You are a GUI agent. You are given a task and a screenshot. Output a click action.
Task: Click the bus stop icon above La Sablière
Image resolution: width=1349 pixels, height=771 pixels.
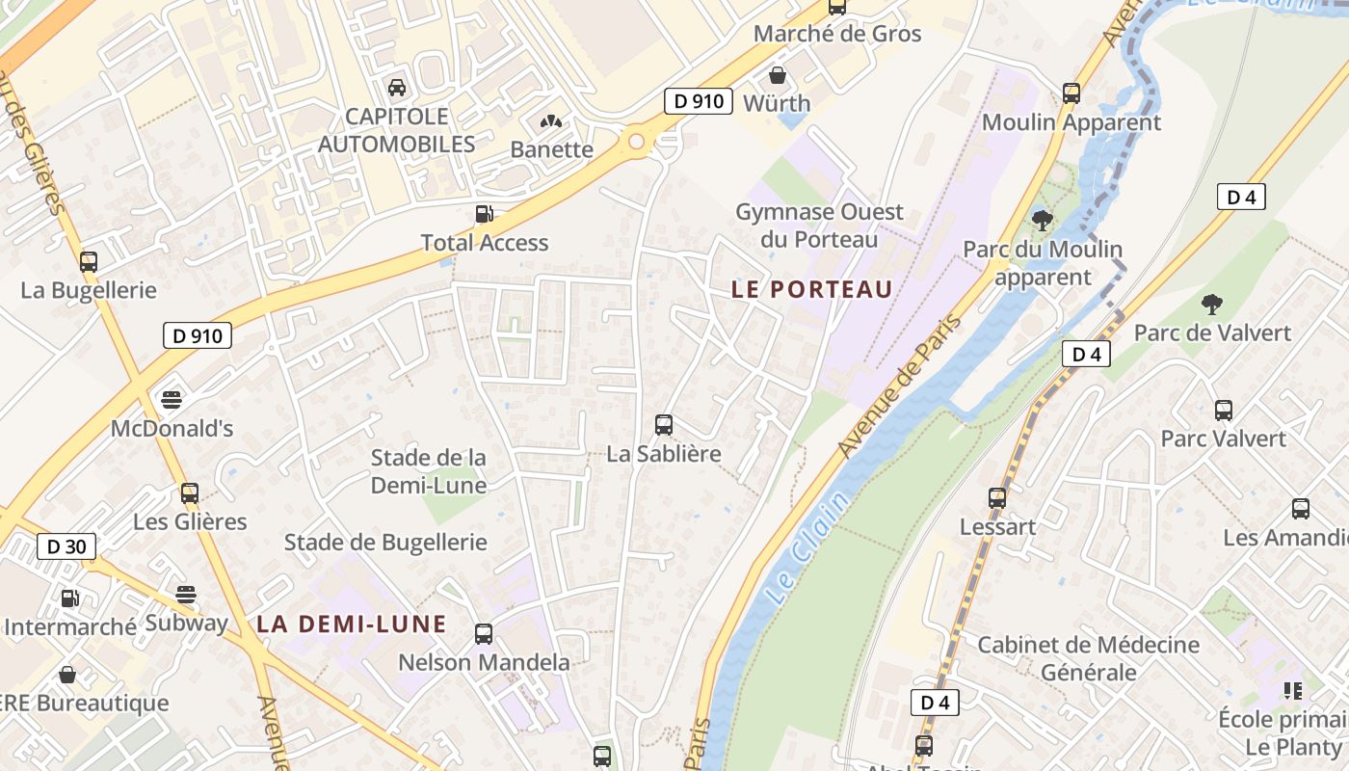663,424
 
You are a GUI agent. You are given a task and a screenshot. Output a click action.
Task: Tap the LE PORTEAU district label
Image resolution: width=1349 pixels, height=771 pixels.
811,289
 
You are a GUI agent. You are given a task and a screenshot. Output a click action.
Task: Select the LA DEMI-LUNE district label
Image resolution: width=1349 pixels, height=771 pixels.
352,624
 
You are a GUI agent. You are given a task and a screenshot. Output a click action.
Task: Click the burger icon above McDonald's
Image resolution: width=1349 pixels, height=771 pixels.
172,399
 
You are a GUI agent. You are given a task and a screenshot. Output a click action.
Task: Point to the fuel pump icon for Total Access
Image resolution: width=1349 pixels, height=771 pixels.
484,214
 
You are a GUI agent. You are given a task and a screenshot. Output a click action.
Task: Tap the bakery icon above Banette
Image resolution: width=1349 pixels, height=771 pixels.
551,121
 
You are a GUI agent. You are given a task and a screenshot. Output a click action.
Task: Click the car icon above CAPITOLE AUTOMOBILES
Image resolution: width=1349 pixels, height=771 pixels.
396,88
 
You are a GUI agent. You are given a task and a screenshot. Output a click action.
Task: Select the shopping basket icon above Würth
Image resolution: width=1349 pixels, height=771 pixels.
777,74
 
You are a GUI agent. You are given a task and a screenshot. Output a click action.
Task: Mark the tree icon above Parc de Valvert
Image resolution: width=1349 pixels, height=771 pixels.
1211,305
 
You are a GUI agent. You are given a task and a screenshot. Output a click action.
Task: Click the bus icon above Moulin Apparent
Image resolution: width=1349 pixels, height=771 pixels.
1071,93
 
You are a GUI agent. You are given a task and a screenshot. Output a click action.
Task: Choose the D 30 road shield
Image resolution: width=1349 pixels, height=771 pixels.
66,546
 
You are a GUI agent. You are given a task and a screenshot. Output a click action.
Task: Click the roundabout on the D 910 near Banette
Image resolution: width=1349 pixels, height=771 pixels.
636,142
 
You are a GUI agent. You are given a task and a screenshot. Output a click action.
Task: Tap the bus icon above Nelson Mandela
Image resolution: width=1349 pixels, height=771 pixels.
484,634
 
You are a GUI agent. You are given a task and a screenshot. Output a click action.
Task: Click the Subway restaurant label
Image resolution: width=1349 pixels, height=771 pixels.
186,623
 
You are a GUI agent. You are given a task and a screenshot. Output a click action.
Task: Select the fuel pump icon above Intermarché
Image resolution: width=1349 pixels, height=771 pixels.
69,598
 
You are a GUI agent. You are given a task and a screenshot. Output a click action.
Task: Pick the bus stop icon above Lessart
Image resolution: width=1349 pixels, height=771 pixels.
997,498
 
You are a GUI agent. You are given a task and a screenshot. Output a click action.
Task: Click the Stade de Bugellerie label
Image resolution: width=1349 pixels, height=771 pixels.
385,543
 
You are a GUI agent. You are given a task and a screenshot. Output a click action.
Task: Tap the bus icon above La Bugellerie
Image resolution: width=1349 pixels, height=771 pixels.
89,261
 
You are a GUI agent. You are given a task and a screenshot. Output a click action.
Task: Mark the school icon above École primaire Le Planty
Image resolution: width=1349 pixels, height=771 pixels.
1292,690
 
